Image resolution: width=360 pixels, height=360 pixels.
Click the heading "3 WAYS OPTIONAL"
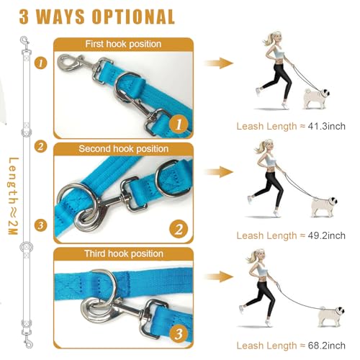(x=96, y=17)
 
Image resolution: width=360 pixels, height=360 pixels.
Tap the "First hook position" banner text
(x=123, y=44)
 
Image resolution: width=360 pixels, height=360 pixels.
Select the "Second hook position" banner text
(x=123, y=149)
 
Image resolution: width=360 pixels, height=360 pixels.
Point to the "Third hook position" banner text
(x=124, y=253)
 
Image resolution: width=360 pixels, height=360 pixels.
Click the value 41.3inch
(x=326, y=126)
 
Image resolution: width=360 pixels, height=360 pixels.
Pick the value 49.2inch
(x=326, y=235)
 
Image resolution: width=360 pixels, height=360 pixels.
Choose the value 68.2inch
(x=326, y=346)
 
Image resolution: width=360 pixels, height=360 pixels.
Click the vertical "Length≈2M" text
(x=14, y=197)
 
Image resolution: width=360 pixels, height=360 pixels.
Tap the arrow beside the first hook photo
(x=219, y=63)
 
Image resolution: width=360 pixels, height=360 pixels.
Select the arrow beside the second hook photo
(x=219, y=172)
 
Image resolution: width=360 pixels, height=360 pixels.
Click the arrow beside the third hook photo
(x=219, y=276)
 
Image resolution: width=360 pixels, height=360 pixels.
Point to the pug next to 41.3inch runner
(x=317, y=99)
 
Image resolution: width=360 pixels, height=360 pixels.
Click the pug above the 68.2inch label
(x=331, y=316)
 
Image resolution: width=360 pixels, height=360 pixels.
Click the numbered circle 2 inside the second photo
(x=179, y=229)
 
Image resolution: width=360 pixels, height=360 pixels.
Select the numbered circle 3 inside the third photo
(x=179, y=333)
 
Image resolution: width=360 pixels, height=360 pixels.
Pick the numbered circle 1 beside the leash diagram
(x=40, y=63)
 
